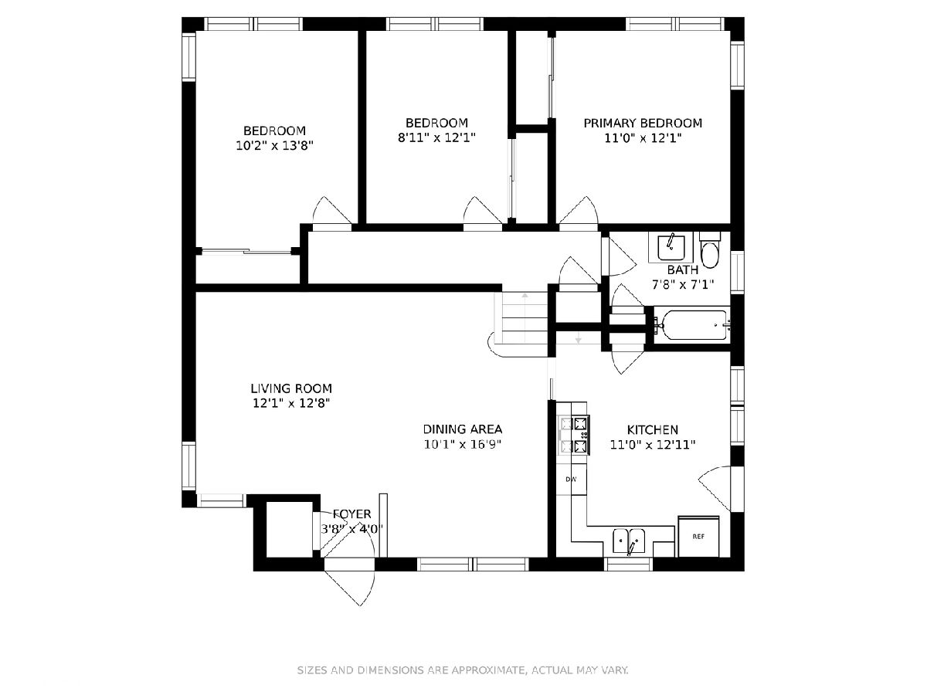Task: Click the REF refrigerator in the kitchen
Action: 698,537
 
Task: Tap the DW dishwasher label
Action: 571,479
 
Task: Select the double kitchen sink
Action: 629,541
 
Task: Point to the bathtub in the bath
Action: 694,325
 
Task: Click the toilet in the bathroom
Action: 709,249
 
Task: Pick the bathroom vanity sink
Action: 671,248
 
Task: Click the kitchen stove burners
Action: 574,435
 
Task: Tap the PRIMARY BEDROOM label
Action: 643,124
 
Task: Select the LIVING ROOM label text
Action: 291,388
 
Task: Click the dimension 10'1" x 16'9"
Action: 463,444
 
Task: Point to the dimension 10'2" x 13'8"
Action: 274,146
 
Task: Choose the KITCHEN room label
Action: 653,430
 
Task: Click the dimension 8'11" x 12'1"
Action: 436,137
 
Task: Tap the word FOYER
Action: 351,514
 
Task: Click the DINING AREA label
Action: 463,429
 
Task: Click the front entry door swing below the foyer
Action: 349,588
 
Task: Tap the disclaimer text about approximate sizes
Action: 463,670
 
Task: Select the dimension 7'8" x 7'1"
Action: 683,285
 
